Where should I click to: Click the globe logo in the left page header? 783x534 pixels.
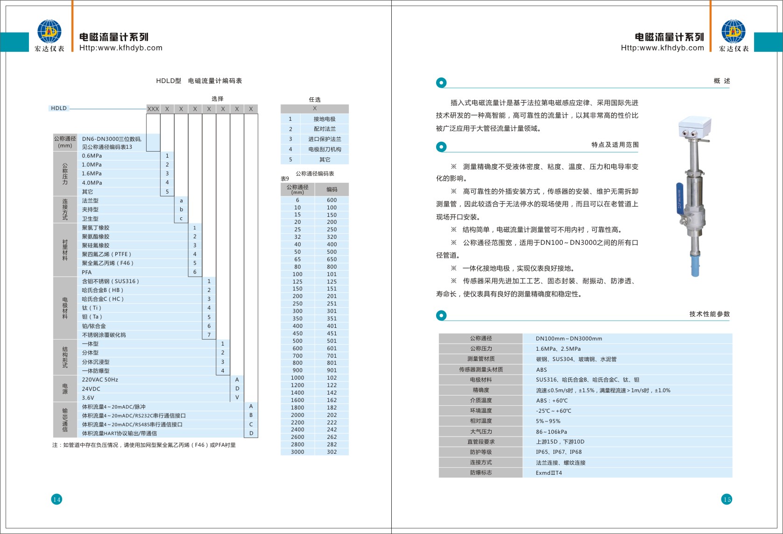pos(49,32)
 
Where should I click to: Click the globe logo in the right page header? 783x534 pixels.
pos(733,32)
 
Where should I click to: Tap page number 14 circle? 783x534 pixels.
pos(56,499)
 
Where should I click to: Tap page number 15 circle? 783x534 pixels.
pos(727,499)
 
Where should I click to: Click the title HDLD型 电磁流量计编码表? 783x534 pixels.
pos(199,81)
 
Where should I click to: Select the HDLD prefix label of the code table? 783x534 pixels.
pos(59,108)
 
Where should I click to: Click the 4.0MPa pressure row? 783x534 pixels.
pos(92,183)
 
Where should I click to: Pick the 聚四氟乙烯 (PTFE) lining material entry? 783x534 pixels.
pos(106,254)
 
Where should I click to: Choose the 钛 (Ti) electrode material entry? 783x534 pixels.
pos(92,308)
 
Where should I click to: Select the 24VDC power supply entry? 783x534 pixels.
pos(91,389)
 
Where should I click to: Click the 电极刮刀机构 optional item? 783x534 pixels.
pos(324,149)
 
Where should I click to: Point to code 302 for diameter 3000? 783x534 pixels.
pos(332,452)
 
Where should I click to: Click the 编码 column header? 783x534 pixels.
pos(332,189)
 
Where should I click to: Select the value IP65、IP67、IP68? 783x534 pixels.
pos(558,452)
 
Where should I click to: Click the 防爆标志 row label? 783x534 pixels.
pos(480,472)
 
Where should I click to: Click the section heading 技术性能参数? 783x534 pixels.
pos(709,314)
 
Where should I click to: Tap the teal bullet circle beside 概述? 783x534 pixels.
pos(441,83)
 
